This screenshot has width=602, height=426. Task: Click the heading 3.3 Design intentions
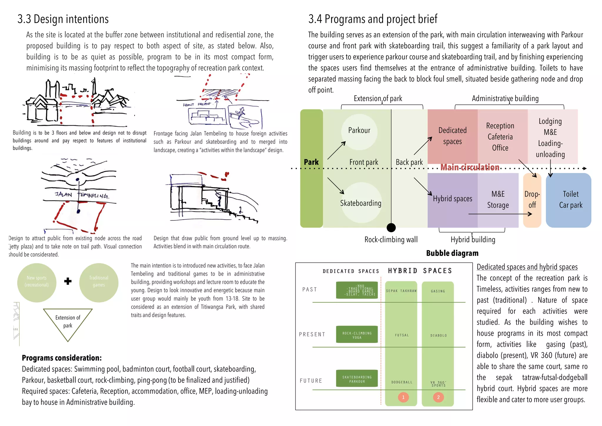coord(63,19)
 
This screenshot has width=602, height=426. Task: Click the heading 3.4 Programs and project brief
coord(372,19)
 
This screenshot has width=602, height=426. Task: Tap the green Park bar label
coord(311,162)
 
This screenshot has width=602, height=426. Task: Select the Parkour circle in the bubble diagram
coord(359,131)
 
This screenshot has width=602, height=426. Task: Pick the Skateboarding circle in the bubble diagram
coord(361,203)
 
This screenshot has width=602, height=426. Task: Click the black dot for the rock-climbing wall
coord(391,227)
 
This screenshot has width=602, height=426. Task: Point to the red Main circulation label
coord(469,167)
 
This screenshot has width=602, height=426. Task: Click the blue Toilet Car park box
coord(570,200)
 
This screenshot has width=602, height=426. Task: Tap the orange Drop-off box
coord(532,200)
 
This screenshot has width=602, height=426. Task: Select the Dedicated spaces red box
coord(452,136)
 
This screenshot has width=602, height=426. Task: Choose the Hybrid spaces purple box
coord(452,199)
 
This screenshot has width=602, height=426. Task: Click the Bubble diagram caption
coord(452,253)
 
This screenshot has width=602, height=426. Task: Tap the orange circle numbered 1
coord(403,397)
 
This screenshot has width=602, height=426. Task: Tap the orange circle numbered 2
coord(438,397)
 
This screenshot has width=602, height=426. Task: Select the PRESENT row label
coord(312,335)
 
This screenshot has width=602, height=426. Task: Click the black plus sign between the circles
coord(68,281)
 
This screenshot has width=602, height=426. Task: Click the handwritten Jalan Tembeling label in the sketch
coord(82,195)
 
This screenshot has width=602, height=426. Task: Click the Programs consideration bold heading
coord(62,358)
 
